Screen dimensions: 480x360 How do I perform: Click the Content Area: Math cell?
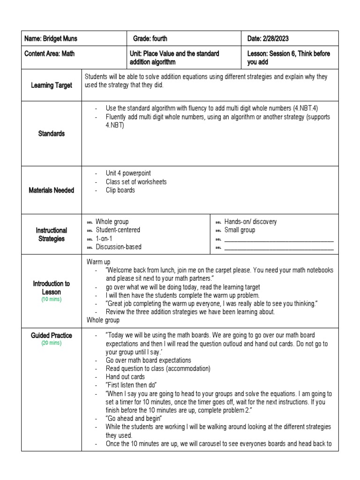point(49,53)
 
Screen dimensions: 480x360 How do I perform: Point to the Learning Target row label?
point(52,85)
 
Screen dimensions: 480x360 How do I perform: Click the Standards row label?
point(52,134)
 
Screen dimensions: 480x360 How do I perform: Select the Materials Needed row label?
point(52,190)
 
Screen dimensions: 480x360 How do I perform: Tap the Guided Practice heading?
point(52,336)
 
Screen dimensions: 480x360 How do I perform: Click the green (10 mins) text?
point(52,299)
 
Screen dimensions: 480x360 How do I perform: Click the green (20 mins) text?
point(52,343)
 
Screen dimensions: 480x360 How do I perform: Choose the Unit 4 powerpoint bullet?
point(128,173)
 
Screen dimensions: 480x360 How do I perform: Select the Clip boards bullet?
point(120,190)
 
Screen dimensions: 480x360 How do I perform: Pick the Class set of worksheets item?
point(136,182)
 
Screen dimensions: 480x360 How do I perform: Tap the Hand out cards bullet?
point(125,377)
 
